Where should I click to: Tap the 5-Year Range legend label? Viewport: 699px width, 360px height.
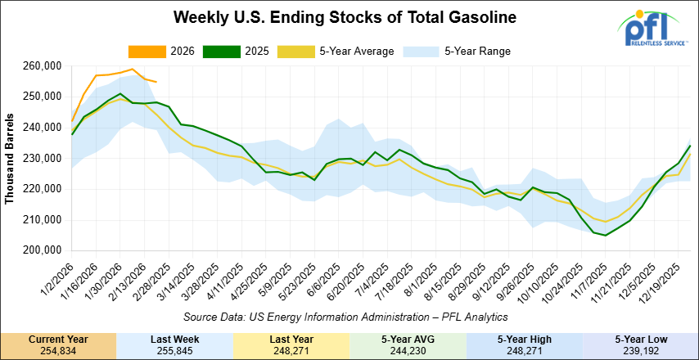[x=477, y=52]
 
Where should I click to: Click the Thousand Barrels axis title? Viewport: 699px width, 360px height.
[x=11, y=158]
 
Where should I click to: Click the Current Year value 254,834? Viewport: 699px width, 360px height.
[x=58, y=350]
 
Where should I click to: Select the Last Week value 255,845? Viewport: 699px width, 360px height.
[x=174, y=350]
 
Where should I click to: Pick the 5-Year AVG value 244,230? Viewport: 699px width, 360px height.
[x=408, y=350]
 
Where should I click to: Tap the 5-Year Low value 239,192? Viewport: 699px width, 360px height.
[x=640, y=350]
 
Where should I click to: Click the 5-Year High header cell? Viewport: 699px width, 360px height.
[x=524, y=338]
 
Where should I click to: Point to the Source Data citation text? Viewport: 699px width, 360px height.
[x=347, y=316]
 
